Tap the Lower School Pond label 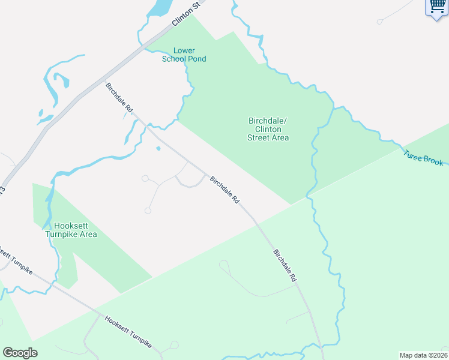click(x=184, y=55)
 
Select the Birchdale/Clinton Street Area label click(x=268, y=129)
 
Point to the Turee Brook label click(x=423, y=157)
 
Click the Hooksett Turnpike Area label click(x=71, y=230)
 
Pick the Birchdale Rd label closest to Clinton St click(x=119, y=97)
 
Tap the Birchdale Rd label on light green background click(x=285, y=266)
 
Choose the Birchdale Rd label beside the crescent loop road click(x=225, y=190)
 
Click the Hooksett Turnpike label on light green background click(x=128, y=334)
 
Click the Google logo click(x=20, y=353)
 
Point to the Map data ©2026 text click(x=423, y=355)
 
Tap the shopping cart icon click(x=436, y=7)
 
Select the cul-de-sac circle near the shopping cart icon click(x=380, y=22)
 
